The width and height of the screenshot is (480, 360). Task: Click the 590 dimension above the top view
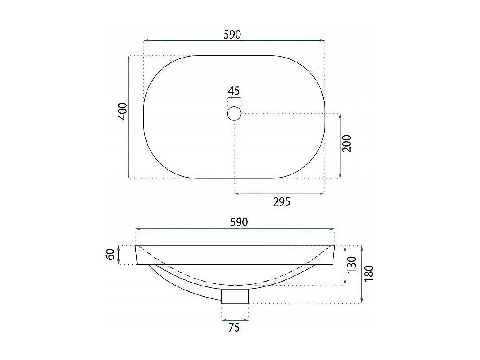[232, 35]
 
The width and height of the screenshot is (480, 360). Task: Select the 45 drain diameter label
[234, 91]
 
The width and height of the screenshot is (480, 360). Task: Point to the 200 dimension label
[347, 144]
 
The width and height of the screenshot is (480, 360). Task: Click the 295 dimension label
[281, 202]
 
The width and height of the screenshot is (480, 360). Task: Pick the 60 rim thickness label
[111, 255]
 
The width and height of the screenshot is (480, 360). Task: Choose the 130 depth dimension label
[352, 265]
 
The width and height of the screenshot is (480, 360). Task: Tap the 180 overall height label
[369, 274]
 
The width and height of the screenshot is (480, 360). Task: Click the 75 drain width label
[234, 328]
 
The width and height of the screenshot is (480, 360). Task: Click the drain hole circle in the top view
[234, 114]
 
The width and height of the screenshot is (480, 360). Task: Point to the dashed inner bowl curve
[235, 284]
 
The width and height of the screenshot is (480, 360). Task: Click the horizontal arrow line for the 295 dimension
[279, 194]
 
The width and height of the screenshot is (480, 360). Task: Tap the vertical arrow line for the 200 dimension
[340, 146]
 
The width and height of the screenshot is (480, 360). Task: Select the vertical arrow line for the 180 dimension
[362, 274]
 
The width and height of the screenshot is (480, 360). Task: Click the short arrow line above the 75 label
[235, 320]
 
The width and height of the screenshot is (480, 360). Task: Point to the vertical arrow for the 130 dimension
[345, 265]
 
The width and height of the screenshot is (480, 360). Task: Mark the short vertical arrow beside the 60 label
[118, 255]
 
